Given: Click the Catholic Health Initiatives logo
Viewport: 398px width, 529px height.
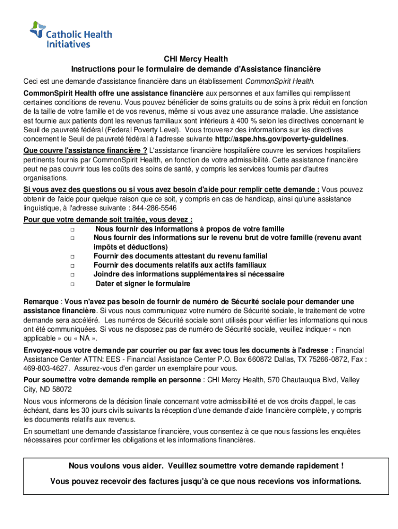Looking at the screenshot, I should [71, 35].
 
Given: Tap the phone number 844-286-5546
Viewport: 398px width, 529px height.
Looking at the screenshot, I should [154, 208].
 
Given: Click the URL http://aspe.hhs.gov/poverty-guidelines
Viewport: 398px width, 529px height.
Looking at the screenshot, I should [281, 139].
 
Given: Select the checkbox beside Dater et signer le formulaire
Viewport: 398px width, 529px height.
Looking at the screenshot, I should [72, 284].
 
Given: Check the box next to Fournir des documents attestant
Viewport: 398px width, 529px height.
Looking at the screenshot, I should [72, 256].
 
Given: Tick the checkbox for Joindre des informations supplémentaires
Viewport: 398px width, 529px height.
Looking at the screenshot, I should [72, 275].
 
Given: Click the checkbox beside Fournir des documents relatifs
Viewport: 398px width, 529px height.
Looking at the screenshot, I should [72, 266].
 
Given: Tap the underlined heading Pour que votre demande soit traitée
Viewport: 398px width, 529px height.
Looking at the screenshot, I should [108, 219].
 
